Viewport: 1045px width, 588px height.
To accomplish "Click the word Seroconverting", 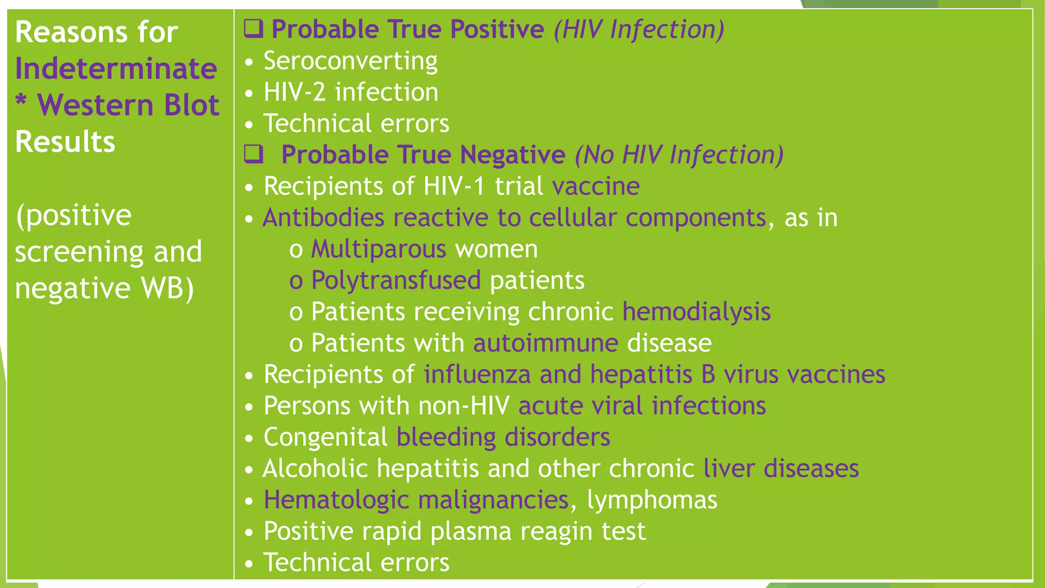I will click(350, 61).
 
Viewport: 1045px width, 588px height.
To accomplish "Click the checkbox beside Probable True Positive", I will click(253, 29).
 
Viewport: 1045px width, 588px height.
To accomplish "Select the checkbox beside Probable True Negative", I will click(254, 154).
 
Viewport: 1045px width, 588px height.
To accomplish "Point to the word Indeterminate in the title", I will click(116, 69).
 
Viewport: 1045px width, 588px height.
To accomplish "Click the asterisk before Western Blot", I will click(21, 101).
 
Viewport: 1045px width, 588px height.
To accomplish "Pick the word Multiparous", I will click(379, 249).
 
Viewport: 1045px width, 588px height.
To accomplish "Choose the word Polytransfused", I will click(396, 281).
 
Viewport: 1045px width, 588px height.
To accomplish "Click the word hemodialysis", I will click(696, 312).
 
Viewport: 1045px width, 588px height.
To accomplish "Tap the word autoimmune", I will click(545, 343).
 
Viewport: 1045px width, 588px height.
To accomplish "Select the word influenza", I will click(477, 375).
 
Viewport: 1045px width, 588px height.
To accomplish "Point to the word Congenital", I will click(326, 437).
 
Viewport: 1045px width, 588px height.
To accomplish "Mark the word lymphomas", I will click(652, 500).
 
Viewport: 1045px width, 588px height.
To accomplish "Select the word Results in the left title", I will click(65, 142).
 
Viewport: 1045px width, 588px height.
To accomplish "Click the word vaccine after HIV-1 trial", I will click(595, 186).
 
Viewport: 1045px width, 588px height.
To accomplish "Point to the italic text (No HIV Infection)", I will click(679, 155).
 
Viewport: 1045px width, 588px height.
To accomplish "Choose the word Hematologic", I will click(336, 500).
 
